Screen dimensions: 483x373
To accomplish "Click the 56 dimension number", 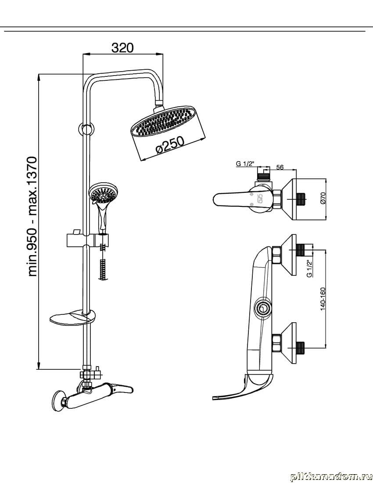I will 280,167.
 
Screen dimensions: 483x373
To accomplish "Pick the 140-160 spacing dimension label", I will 323,299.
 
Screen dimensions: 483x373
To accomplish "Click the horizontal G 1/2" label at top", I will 245,164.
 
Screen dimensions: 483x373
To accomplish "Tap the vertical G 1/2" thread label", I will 309,268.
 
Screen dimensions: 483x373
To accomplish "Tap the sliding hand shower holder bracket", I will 88,240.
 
